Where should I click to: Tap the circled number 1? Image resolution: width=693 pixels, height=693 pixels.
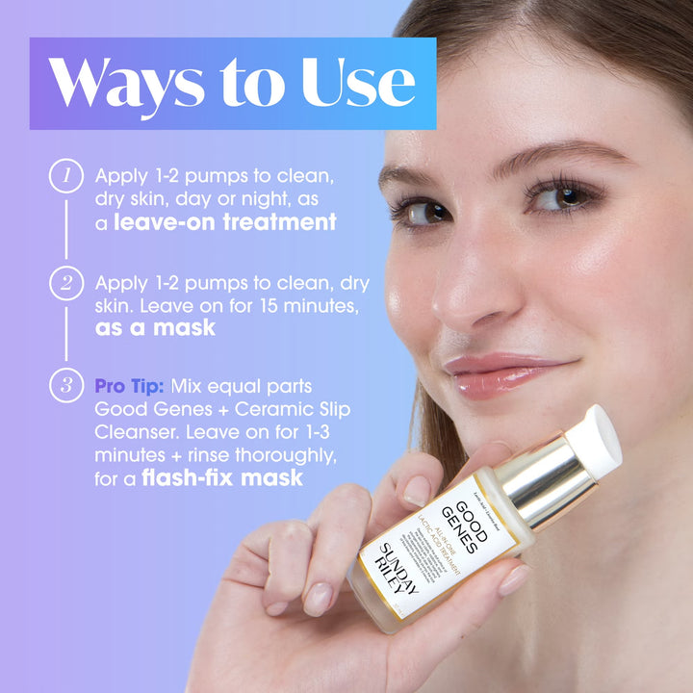[64, 177]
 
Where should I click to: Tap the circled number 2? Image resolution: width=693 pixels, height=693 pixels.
[64, 283]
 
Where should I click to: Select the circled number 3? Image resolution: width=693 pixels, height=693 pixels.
[64, 386]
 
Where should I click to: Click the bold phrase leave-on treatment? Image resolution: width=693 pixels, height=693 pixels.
[225, 222]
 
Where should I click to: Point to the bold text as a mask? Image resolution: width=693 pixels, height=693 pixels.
[155, 327]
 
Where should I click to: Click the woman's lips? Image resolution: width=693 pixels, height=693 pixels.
[500, 372]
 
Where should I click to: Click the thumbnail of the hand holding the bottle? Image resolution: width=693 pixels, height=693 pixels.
[417, 491]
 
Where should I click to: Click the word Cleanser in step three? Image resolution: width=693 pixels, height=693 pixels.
[135, 431]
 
